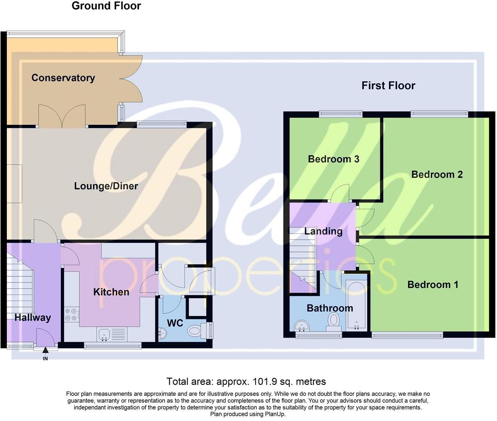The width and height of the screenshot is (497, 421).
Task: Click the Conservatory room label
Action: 63,78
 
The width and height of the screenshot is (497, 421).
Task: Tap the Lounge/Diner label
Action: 106,186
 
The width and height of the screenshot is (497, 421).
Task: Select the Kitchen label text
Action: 111,292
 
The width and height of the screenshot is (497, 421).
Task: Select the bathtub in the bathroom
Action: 356,305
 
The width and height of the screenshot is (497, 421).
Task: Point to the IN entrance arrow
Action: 45,351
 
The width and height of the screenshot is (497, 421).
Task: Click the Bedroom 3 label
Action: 333,159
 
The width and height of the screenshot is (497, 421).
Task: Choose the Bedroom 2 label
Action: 437,175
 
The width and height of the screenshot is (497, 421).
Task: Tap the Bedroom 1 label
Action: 432,285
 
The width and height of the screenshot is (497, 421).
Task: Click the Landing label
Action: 323,232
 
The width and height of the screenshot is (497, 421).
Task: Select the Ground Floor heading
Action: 106,6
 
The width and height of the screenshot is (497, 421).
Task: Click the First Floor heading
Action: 388,86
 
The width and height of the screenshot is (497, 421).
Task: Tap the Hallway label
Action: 33,318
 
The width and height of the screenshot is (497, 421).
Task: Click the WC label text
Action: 175,323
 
